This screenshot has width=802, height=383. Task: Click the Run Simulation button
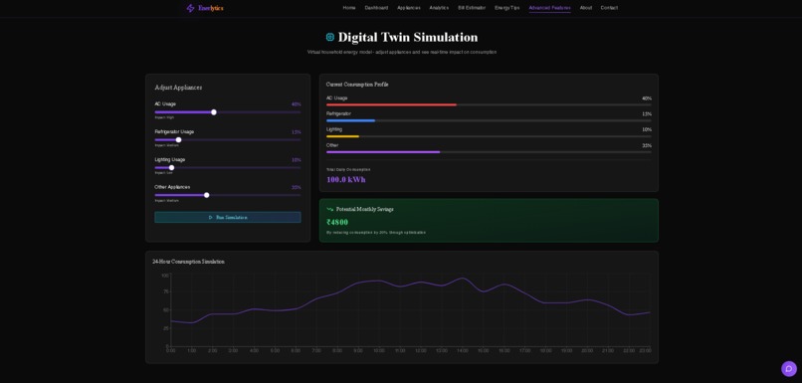point(227,217)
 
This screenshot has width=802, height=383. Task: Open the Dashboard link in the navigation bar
point(376,8)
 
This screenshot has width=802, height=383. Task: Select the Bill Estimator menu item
point(472,8)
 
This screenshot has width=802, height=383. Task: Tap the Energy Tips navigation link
point(506,8)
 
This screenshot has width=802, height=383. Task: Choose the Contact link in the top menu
point(609,8)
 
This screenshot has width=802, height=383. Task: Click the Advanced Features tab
point(549,8)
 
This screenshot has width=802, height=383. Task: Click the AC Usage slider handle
point(214,112)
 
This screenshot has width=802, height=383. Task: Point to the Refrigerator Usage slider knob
point(179,140)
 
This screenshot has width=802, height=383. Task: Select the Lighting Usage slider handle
point(171,168)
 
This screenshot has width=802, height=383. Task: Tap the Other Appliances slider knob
point(207,195)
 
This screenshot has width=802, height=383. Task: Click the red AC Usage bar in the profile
point(391,104)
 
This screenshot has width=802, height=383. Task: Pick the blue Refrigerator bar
point(350,120)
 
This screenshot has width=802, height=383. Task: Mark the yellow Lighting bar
point(342,136)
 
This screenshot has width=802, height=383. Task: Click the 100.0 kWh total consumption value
point(346,180)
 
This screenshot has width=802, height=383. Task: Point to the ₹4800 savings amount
point(337,222)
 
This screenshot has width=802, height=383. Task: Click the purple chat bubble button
point(788,369)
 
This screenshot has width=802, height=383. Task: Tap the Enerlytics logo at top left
point(205,8)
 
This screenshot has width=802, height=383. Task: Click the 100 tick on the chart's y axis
point(165,276)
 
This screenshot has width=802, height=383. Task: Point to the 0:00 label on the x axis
point(171,350)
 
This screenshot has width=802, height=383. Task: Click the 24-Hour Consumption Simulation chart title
point(188,262)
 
